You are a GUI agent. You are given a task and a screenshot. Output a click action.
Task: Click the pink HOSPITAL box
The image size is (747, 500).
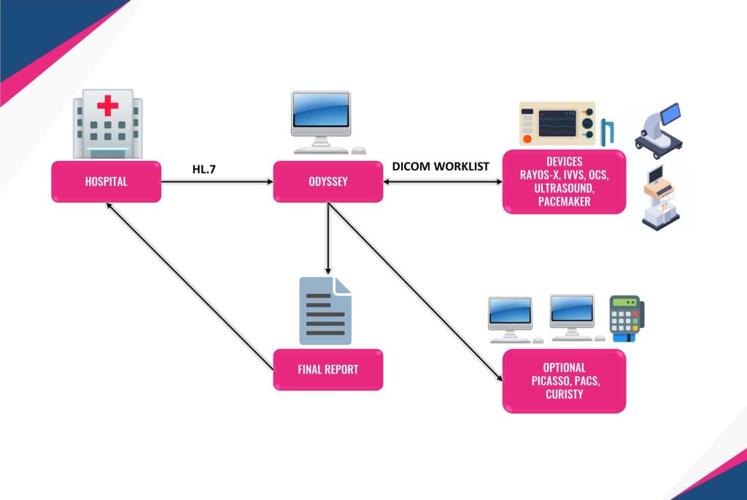pos(106,181)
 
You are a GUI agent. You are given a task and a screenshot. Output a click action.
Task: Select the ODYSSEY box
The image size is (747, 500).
pos(328,181)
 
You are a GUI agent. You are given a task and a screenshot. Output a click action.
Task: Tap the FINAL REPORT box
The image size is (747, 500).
pos(328,370)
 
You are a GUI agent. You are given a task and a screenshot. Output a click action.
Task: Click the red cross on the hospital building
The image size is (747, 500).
pos(108,106)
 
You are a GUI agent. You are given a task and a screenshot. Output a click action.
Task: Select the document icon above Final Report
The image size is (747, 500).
pos(325,310)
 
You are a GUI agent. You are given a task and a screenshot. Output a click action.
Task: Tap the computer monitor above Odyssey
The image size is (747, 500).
pos(320,114)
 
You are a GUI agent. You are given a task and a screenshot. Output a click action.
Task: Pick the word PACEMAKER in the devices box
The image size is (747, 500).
pos(564,201)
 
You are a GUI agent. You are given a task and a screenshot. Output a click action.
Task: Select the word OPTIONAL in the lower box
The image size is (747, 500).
pos(564,367)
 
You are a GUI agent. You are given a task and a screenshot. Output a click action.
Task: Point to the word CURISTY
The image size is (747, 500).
pos(564,394)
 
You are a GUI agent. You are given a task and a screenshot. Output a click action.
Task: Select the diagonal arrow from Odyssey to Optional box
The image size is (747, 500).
pos(415,292)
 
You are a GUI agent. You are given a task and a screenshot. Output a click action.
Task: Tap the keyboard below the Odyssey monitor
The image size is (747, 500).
pos(325,151)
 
